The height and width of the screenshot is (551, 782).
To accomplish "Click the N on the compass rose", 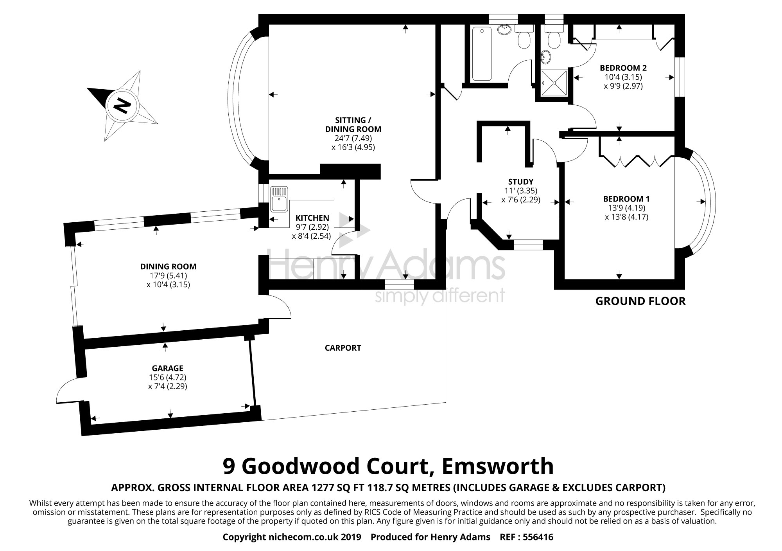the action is [121, 105].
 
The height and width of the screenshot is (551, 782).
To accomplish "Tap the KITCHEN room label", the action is [312, 218].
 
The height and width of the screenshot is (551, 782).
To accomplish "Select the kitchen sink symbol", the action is [279, 200].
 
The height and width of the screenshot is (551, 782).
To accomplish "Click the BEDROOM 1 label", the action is [626, 199].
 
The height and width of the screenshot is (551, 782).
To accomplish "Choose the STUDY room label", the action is [520, 182].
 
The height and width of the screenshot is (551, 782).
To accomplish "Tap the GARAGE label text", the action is [167, 368].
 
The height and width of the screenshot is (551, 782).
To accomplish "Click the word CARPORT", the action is [343, 348].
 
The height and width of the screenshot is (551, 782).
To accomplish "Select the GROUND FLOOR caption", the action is [640, 301].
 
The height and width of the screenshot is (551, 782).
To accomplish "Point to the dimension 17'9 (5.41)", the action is [168, 275].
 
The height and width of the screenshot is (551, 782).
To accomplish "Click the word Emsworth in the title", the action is [498, 466].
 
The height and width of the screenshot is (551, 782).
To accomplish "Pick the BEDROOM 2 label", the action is [623, 68].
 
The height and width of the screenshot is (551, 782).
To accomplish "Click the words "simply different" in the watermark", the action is [440, 296].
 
